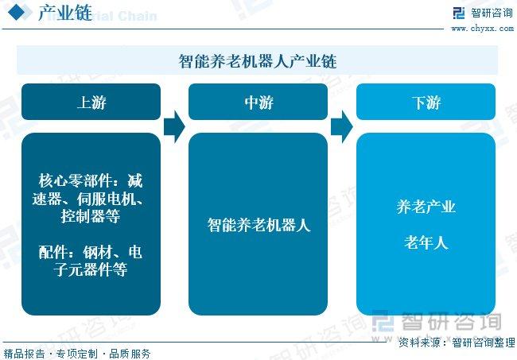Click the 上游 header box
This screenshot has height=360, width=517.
click(x=91, y=102)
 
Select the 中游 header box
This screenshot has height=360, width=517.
click(x=258, y=102)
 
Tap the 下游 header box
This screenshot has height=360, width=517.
click(x=426, y=102)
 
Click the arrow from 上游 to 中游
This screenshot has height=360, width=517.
click(x=174, y=127)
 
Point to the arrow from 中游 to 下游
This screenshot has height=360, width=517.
click(x=341, y=127)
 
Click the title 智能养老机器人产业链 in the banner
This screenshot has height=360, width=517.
click(x=258, y=61)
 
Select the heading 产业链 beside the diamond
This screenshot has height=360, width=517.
click(x=65, y=14)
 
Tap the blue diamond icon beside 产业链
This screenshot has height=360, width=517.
click(x=17, y=12)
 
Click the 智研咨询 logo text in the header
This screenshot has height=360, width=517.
click(x=492, y=14)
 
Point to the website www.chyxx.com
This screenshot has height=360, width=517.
click(x=482, y=29)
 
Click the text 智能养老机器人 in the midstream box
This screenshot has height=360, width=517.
click(x=258, y=225)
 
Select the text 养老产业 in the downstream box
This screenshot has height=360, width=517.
click(x=426, y=207)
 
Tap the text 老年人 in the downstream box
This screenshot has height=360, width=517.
click(x=426, y=242)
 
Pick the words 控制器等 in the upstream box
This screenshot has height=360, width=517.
click(x=91, y=216)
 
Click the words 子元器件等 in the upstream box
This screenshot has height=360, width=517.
click(x=91, y=269)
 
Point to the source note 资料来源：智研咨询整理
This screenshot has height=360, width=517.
click(x=457, y=343)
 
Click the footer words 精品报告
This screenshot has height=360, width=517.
click(x=24, y=354)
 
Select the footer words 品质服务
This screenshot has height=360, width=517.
click(x=130, y=354)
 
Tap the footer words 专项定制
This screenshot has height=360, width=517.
click(x=77, y=354)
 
